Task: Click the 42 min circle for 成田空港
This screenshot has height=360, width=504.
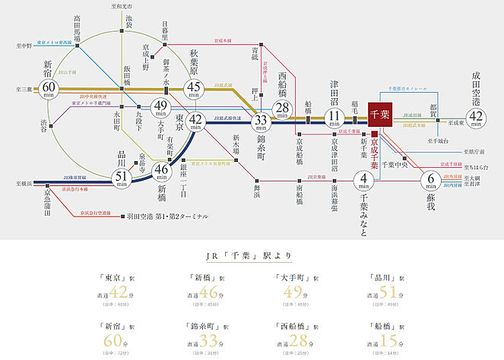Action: click(477, 118)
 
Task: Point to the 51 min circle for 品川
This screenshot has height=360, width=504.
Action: click(121, 176)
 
